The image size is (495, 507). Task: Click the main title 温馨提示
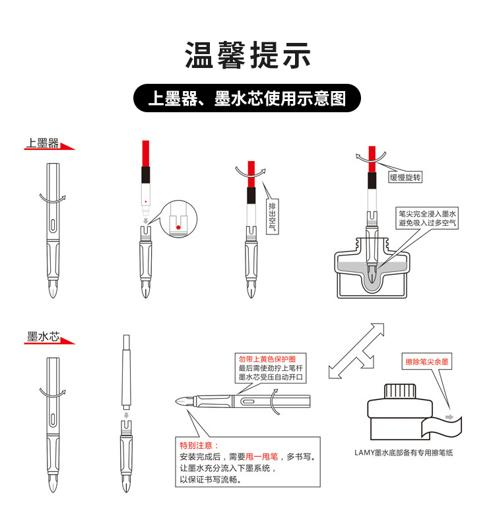(x=247, y=55)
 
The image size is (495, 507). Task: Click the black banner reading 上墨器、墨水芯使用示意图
(x=247, y=98)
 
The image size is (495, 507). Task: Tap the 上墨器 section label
(x=42, y=143)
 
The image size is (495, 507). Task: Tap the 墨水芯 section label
(x=44, y=337)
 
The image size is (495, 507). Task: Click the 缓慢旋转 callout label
(x=405, y=177)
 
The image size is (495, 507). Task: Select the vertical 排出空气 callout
(x=272, y=217)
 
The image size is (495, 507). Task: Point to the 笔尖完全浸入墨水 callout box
(x=427, y=219)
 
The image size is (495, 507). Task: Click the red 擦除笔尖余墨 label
(x=427, y=362)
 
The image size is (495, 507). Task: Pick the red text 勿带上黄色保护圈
(x=267, y=359)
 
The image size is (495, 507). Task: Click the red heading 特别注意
(x=199, y=446)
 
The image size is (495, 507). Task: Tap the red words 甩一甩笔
(x=262, y=457)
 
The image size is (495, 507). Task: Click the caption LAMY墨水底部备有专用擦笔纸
(x=403, y=453)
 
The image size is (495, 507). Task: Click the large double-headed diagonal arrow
(x=356, y=351)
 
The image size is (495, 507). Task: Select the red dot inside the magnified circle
(x=178, y=227)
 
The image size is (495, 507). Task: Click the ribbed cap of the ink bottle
(x=400, y=391)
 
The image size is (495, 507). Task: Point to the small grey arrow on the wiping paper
(x=449, y=417)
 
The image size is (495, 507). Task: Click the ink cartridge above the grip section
(x=127, y=372)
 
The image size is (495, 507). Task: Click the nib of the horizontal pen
(x=184, y=401)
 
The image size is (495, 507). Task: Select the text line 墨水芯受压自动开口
(x=271, y=377)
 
